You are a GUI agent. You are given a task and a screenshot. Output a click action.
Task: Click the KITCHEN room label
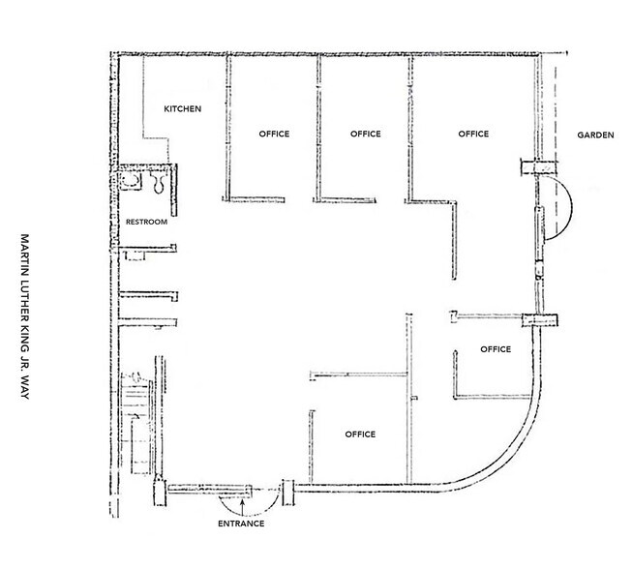(x=182, y=109)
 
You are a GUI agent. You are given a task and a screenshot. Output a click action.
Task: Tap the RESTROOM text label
(x=147, y=223)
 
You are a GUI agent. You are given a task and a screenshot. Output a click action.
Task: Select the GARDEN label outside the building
(x=596, y=135)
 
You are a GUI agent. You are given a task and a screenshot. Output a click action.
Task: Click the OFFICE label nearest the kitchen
(x=274, y=134)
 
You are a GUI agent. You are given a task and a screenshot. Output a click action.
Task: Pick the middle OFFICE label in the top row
(x=365, y=134)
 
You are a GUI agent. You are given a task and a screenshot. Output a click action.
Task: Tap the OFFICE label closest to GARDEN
(x=473, y=134)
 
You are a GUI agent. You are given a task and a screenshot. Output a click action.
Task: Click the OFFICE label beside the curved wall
(x=496, y=348)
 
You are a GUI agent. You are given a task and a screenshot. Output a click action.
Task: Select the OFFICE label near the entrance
(x=360, y=434)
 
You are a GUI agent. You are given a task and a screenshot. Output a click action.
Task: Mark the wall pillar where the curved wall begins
(x=540, y=321)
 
